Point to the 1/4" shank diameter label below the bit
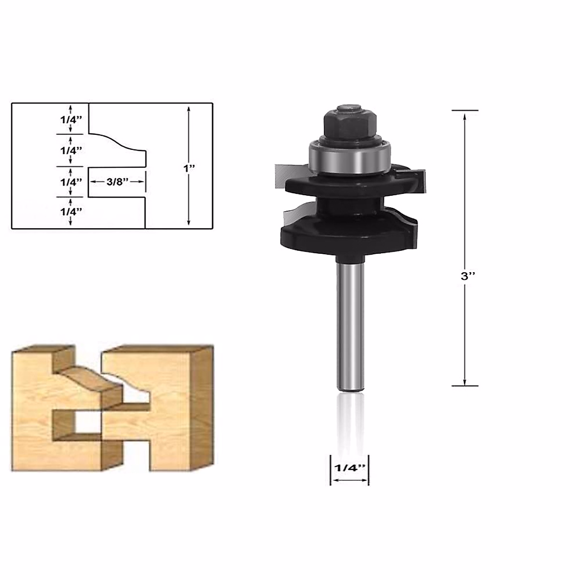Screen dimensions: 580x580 (x=349, y=468)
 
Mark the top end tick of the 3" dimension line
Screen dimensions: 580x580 (x=465, y=111)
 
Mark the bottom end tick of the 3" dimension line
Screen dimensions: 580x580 (x=465, y=386)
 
